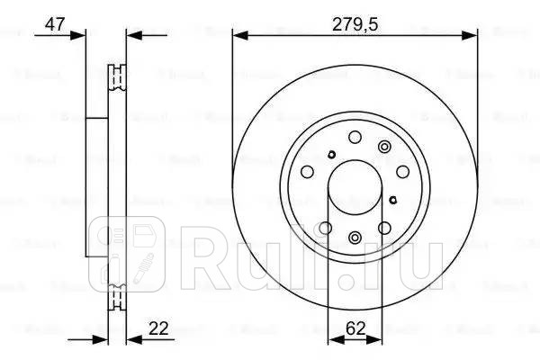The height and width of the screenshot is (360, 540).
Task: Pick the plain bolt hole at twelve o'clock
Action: [x=355, y=138]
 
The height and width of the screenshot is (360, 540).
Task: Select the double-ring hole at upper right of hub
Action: [x=384, y=148]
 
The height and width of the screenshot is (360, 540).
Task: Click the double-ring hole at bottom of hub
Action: [x=355, y=238]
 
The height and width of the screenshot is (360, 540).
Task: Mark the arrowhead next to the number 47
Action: [x=80, y=35]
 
